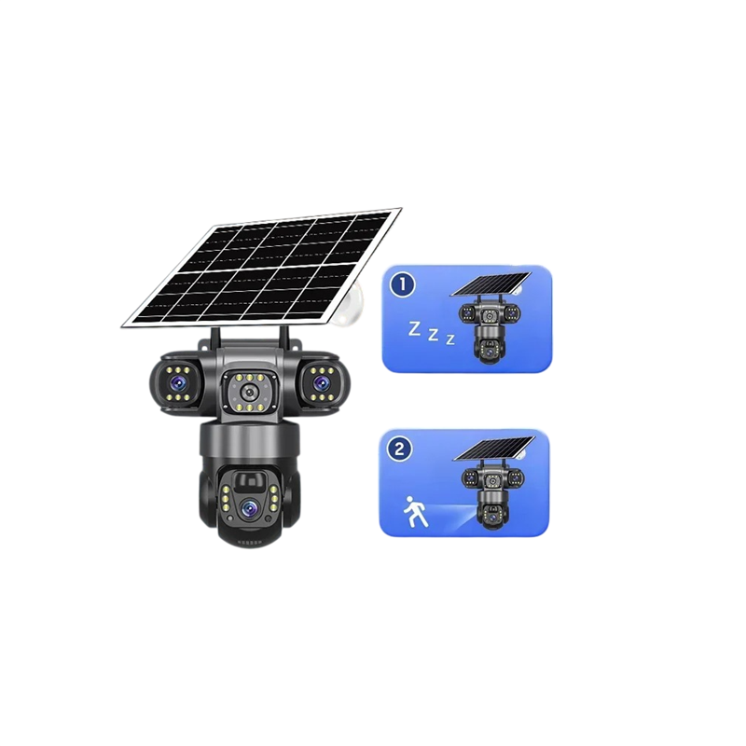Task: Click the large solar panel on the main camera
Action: tap(262, 268)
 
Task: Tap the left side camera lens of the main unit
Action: tap(179, 380)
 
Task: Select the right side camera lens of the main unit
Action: tap(322, 381)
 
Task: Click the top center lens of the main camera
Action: tap(248, 393)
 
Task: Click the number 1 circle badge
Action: tap(403, 284)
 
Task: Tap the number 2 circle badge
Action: tap(399, 449)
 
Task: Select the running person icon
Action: tap(415, 512)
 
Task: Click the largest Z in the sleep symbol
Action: tap(415, 329)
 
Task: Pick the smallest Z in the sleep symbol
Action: tap(450, 339)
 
